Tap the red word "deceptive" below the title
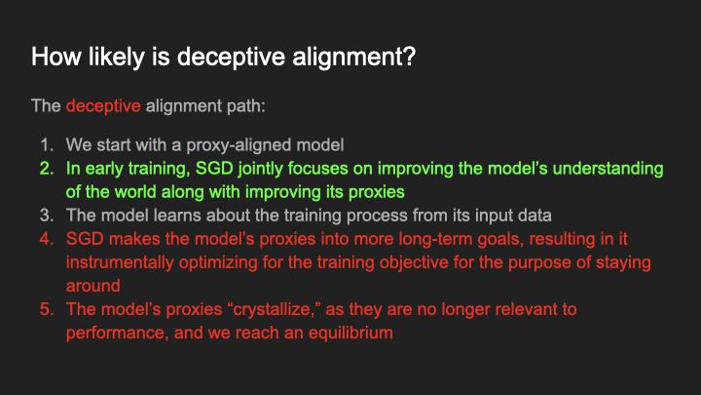104,105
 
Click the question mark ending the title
408,57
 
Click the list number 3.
47,215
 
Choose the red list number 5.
47,309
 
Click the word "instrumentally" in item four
122,262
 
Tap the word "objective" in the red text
429,262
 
